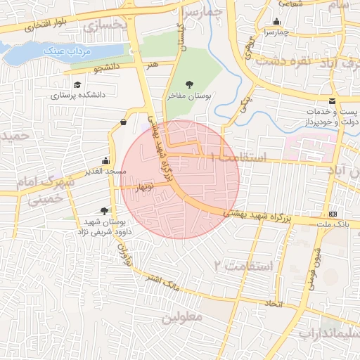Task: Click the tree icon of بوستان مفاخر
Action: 188,84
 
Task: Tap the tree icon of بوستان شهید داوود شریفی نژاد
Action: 105,210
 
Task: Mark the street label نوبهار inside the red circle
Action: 148,188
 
